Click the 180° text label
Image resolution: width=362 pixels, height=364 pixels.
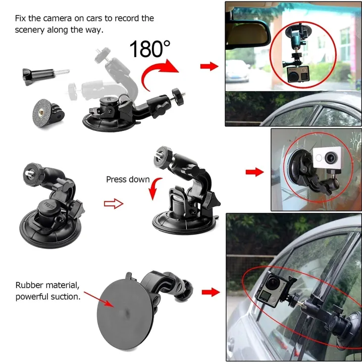(150, 49)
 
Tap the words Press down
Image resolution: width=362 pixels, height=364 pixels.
(128, 179)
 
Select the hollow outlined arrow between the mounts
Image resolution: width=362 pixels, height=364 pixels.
(113, 204)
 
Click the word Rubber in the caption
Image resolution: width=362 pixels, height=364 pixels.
(29, 286)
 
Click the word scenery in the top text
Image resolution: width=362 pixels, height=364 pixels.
(31, 29)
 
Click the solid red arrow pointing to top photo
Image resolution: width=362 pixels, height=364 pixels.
(209, 66)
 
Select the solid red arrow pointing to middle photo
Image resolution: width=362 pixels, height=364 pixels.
(254, 172)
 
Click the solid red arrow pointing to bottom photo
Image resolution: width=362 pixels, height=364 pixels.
(211, 292)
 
